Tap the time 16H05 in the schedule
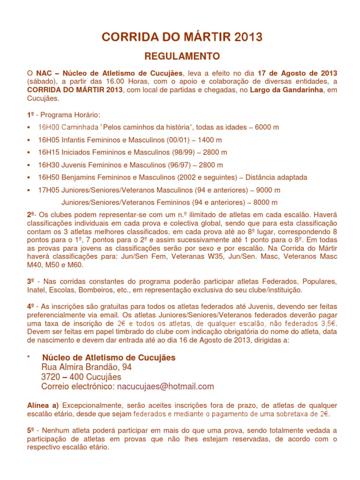click(x=47, y=140)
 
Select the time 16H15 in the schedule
click(x=47, y=152)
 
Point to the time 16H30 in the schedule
click(x=47, y=165)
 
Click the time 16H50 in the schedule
click(x=47, y=178)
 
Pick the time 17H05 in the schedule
click(x=47, y=190)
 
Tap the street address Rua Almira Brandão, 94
click(x=87, y=367)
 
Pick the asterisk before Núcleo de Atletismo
click(x=29, y=358)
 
